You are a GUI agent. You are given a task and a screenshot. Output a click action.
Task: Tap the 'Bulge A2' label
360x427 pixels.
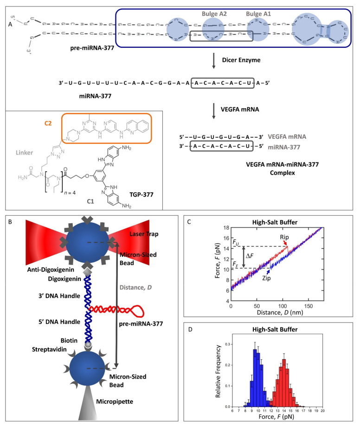(214, 14)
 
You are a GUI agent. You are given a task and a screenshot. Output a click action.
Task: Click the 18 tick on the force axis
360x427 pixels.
(224, 228)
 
